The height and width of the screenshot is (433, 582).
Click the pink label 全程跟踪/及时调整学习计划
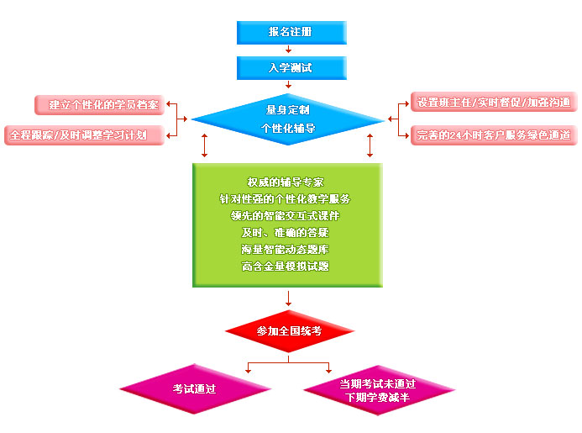(83, 135)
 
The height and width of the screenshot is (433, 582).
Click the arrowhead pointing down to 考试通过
(249, 369)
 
